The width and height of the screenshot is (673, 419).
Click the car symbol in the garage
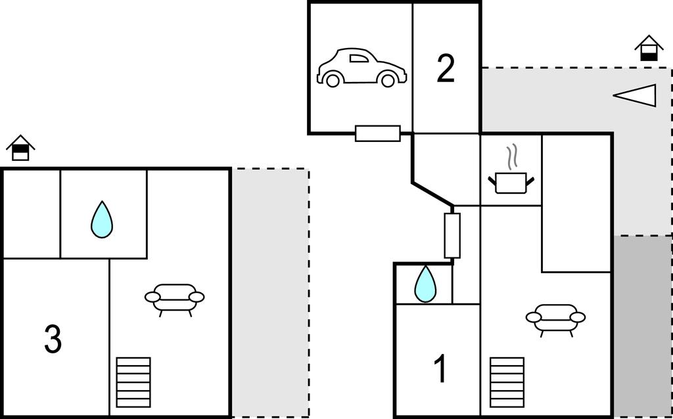coord(361,68)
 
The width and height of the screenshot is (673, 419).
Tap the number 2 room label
coord(446,69)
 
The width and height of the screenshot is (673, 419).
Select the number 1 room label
coord(441,369)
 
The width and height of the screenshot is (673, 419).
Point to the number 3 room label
coord(53,340)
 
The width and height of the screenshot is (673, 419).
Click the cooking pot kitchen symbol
coord(511,182)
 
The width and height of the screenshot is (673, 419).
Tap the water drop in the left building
coord(102,219)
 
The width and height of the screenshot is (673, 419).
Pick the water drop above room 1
coord(425,284)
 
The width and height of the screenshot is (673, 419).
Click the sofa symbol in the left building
coord(174,298)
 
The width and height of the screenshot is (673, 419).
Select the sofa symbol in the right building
coord(555,318)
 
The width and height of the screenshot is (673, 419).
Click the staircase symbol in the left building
coord(133,382)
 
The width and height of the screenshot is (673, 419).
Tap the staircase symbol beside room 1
coord(507,382)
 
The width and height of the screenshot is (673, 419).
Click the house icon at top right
coord(649,49)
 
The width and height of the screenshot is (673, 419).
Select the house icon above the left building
coord(20,148)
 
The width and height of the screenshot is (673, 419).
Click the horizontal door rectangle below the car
coord(378,133)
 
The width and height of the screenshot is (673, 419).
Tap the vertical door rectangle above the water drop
coord(452,235)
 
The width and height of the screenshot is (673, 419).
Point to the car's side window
coord(359,58)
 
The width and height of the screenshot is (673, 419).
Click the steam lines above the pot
coord(512,158)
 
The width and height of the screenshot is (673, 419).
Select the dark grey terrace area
coord(642,325)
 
